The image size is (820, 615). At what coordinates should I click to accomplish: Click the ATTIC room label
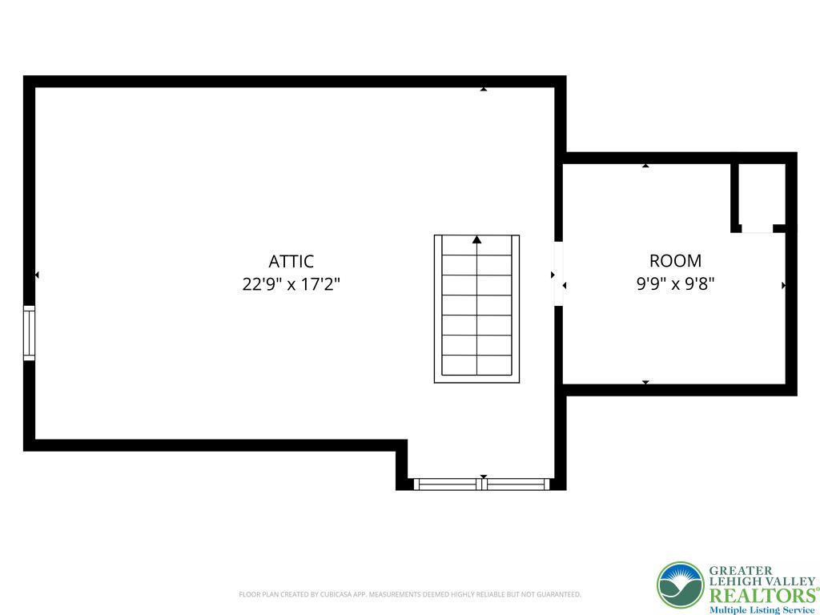[x=291, y=261]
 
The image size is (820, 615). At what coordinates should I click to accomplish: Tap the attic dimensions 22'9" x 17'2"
[x=291, y=284]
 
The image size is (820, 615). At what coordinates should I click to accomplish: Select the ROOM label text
[x=675, y=260]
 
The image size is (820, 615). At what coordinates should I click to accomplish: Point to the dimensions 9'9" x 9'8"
[x=675, y=284]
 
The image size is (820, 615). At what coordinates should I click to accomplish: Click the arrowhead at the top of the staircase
[x=476, y=239]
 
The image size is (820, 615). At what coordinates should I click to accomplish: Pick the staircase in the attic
[x=476, y=308]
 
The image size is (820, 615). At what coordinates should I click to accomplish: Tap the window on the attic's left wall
[x=30, y=333]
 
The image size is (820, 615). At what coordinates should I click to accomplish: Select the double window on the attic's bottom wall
[x=481, y=484]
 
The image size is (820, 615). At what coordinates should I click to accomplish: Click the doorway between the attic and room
[x=558, y=274]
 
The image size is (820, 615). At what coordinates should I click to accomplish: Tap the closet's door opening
[x=758, y=228]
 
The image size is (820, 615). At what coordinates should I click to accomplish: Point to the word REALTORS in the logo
[x=762, y=596]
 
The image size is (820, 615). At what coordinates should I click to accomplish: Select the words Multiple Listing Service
[x=762, y=610]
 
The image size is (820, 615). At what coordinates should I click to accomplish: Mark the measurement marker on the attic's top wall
[x=484, y=90]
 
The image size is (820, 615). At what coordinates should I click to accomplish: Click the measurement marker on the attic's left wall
[x=37, y=275]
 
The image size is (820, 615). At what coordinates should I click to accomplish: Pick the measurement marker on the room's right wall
[x=783, y=285]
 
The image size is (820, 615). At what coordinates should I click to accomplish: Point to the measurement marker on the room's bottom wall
[x=645, y=382]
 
